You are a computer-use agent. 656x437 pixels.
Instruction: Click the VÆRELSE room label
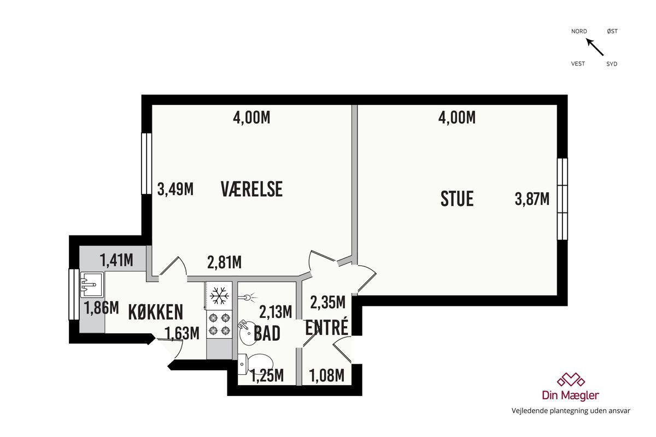(x=251, y=189)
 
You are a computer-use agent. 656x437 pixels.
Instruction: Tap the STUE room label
(x=457, y=199)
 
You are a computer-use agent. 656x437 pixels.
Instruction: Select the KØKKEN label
(x=155, y=312)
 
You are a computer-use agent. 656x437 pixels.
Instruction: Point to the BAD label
(x=267, y=333)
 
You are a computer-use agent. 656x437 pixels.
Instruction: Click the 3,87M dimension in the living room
(x=532, y=199)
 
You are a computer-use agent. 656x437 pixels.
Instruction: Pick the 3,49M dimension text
(x=175, y=189)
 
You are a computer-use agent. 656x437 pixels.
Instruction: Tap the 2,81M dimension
(x=224, y=262)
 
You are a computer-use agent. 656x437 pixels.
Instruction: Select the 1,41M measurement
(x=116, y=260)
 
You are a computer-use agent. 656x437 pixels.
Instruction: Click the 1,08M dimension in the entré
(x=326, y=375)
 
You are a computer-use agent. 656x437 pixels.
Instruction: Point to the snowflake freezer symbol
(x=219, y=296)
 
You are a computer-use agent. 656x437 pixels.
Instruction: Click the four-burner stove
(x=219, y=324)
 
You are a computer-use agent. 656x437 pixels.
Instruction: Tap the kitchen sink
(x=92, y=285)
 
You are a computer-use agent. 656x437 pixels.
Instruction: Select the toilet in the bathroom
(x=254, y=364)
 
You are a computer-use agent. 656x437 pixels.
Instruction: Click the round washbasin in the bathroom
(x=248, y=333)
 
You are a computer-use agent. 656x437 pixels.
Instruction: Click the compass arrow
(x=595, y=47)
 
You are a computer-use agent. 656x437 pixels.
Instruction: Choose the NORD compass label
(x=579, y=31)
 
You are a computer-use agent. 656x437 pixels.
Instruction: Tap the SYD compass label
(x=612, y=64)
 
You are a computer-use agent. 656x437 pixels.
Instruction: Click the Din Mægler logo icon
(x=571, y=380)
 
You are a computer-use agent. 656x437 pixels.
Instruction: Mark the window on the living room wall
(x=563, y=199)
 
